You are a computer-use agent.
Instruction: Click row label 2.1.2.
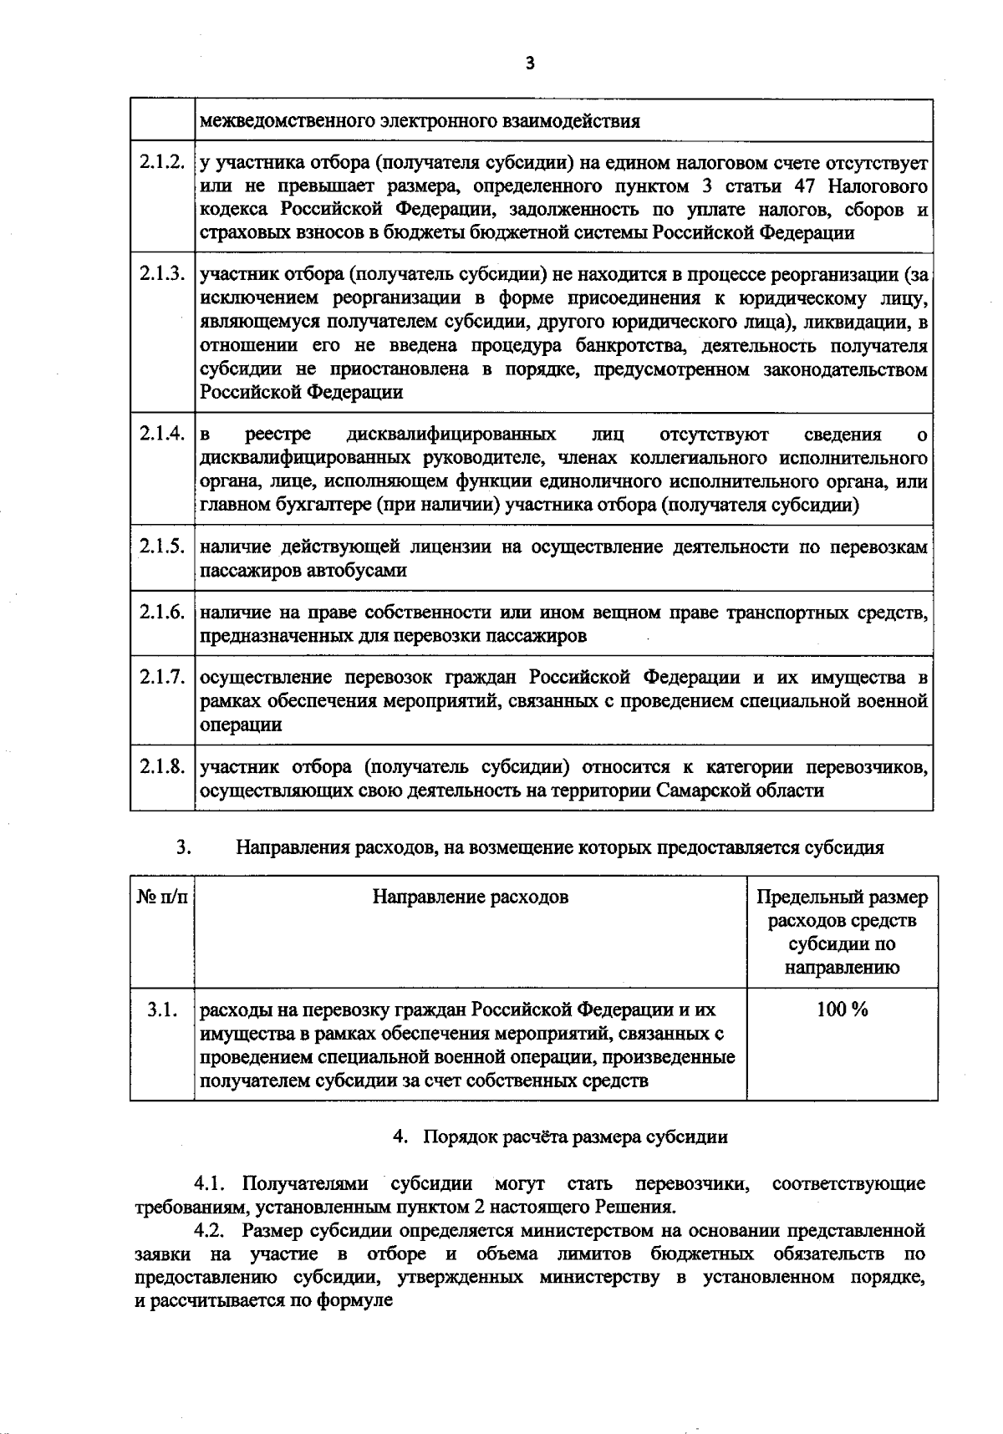pos(162,160)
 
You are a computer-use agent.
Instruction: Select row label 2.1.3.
pos(162,272)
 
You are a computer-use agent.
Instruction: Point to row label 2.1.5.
pos(162,547)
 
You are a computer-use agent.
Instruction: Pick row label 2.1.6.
pos(162,612)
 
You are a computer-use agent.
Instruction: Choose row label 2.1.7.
pos(162,677)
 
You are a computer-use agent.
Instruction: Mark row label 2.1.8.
pos(162,766)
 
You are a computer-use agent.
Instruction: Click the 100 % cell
pos(841,1009)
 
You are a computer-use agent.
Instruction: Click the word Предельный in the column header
pos(802,898)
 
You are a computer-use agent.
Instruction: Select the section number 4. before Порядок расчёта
pos(400,1137)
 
